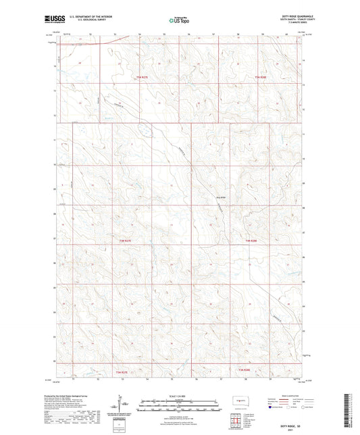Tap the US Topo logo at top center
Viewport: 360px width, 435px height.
177,21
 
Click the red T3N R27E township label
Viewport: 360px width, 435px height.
122,370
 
